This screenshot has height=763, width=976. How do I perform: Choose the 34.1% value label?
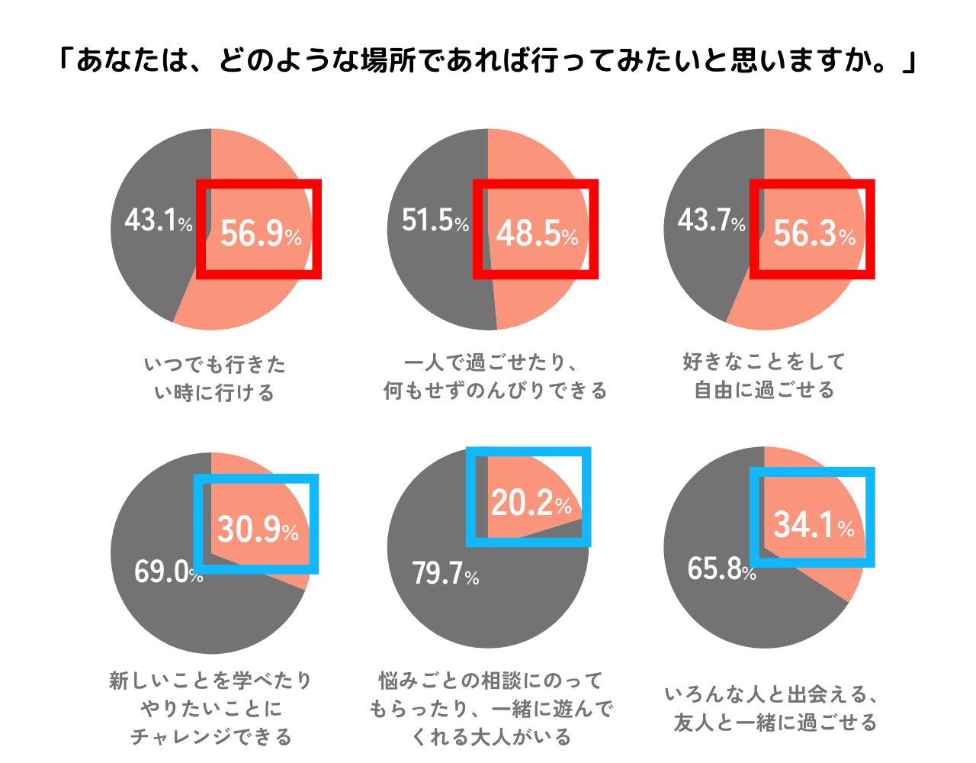click(814, 524)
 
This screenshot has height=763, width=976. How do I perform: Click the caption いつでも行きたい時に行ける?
click(214, 378)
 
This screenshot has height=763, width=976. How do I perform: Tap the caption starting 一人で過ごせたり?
click(495, 376)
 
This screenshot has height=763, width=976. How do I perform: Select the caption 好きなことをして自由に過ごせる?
click(765, 375)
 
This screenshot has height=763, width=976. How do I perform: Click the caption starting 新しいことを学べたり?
click(211, 708)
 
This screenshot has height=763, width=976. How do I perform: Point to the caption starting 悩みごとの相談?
click(491, 708)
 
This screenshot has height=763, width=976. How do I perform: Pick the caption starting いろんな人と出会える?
click(772, 708)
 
